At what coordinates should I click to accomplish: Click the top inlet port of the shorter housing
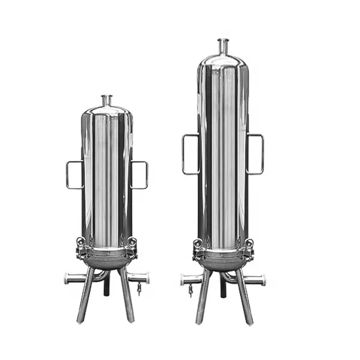coord(107,100)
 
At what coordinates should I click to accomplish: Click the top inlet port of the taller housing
coord(223,45)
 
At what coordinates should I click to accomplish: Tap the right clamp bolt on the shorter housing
coord(132,243)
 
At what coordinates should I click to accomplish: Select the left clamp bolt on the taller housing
coord(197,244)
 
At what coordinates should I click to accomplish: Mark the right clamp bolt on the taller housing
coord(249,244)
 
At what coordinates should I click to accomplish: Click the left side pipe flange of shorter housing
coord(68,278)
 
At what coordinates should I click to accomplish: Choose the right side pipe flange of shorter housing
coord(146,278)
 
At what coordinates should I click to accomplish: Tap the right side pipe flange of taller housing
coord(262,280)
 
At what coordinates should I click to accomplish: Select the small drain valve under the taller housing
coord(190,291)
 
